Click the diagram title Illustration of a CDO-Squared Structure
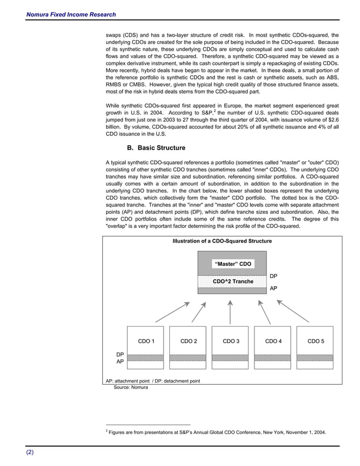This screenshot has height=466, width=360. (222, 241)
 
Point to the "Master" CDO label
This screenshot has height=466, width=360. (232, 264)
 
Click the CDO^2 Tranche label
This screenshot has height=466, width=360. (232, 281)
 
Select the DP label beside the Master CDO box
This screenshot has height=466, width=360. (273, 276)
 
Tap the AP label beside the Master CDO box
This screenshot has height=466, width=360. (273, 288)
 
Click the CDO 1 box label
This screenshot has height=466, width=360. (146, 341)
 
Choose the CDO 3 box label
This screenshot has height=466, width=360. (231, 341)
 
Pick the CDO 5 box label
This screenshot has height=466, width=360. (315, 341)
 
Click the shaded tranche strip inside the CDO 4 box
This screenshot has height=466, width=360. (273, 357)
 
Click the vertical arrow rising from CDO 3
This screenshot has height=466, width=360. (231, 311)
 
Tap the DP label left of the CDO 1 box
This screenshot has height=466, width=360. (120, 354)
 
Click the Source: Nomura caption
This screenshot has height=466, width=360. (131, 388)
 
